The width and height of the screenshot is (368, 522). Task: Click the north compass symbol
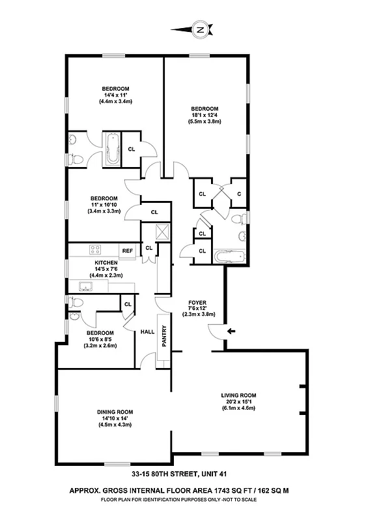(x=200, y=29)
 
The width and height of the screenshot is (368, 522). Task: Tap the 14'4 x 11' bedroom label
(x=115, y=95)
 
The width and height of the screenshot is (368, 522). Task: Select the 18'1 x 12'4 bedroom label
(x=205, y=115)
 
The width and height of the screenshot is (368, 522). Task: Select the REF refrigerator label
(x=127, y=251)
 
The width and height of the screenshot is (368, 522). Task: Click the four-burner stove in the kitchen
(x=95, y=250)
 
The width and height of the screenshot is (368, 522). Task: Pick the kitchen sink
(x=85, y=286)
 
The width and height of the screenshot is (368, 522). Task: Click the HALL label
(x=147, y=331)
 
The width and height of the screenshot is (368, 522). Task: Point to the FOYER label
(x=197, y=303)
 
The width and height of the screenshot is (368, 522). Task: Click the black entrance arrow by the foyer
(x=231, y=331)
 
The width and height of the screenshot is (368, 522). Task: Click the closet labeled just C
(x=239, y=193)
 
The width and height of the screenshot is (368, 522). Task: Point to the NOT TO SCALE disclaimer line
(x=234, y=499)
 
